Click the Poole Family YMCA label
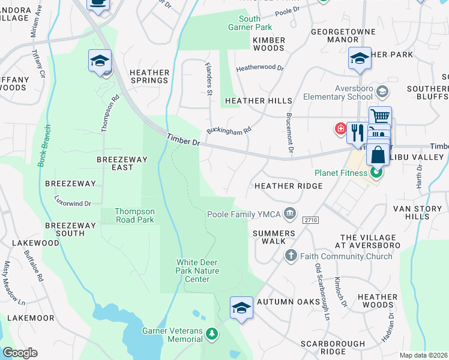click(x=244, y=214)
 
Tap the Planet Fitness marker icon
click(x=376, y=173)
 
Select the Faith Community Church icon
click(x=291, y=256)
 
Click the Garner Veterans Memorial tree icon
click(x=211, y=333)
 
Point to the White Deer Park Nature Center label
click(x=197, y=271)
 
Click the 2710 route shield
click(x=310, y=220)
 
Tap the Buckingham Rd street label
click(x=229, y=130)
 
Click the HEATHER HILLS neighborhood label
click(x=258, y=101)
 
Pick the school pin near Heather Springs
click(x=100, y=61)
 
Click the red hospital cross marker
click(x=340, y=128)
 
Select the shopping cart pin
click(x=380, y=116)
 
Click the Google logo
click(x=20, y=352)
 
